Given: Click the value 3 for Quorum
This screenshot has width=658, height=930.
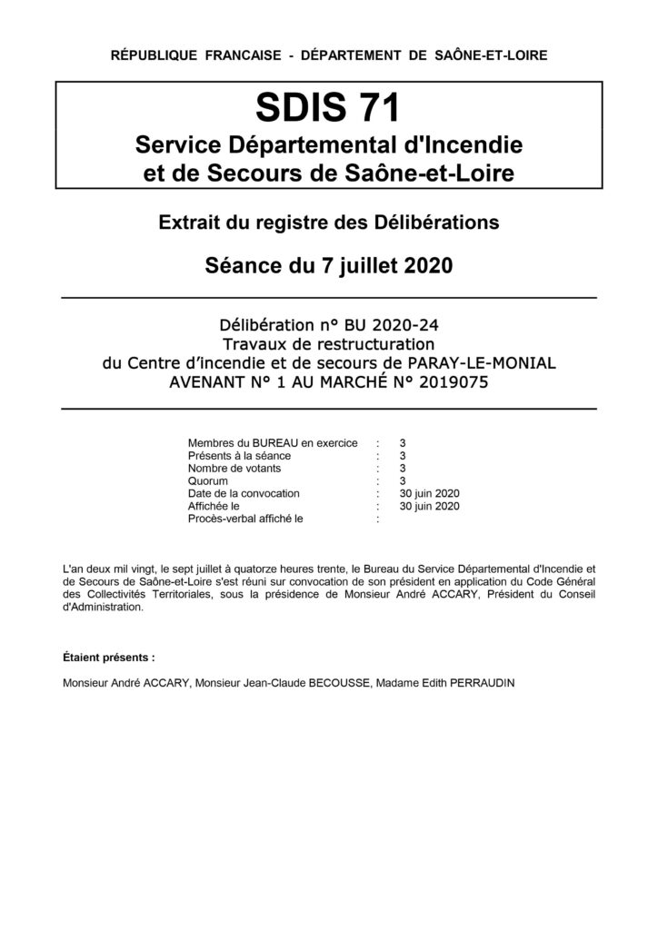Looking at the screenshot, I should pyautogui.click(x=403, y=481).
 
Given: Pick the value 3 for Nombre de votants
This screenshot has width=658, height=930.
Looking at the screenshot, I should pyautogui.click(x=403, y=469).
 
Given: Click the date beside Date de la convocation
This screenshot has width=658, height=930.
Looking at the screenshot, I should pyautogui.click(x=430, y=494).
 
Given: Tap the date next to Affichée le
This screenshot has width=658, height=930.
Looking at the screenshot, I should pyautogui.click(x=430, y=507).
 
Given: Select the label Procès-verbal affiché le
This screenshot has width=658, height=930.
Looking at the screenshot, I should pyautogui.click(x=244, y=519).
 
